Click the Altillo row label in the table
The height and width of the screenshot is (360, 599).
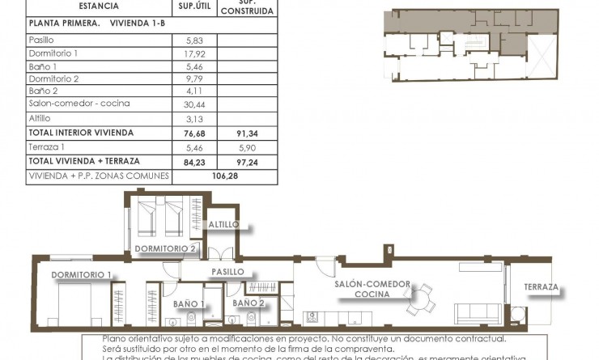40,117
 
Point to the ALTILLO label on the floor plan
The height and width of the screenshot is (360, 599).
222,224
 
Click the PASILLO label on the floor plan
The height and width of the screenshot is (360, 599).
227,272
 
